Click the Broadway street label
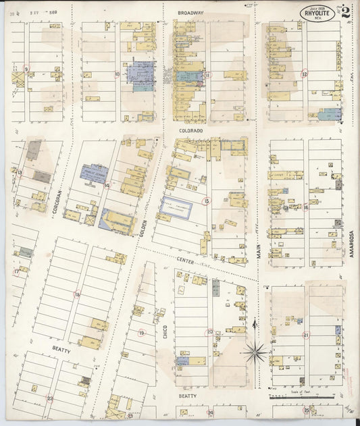point(191,13)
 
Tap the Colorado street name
point(191,130)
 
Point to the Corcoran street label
point(59,201)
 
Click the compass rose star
point(255,351)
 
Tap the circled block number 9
point(26,69)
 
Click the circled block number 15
point(207,201)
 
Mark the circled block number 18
point(77,294)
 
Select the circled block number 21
point(305,335)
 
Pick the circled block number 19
point(141,333)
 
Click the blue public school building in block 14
point(94,174)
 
